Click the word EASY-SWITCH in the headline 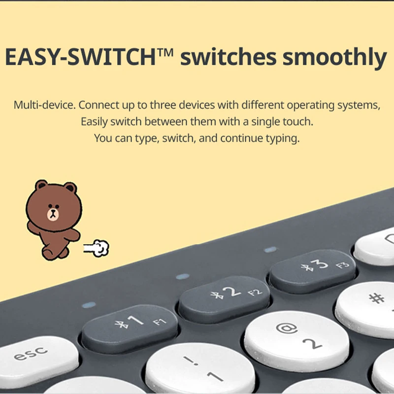(80, 57)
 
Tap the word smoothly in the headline (334, 58)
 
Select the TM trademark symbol (165, 52)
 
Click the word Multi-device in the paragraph (44, 105)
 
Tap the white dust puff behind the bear (97, 248)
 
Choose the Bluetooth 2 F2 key (225, 299)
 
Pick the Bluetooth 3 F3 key (313, 271)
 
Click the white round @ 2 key (297, 341)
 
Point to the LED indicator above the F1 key (89, 305)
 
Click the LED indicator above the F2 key (183, 277)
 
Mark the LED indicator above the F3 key (270, 250)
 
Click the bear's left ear (41, 185)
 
